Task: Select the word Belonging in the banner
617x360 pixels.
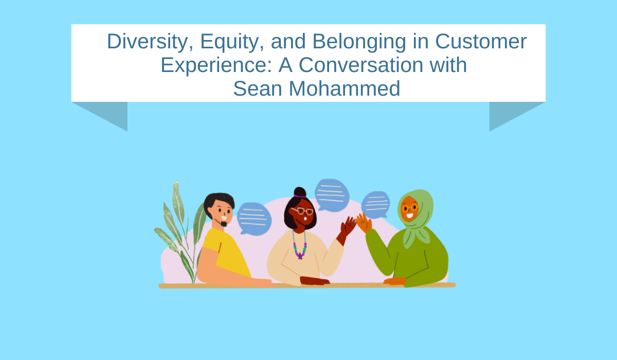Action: [359, 42]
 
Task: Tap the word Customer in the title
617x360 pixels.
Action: [481, 41]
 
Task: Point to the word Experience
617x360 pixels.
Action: [216, 65]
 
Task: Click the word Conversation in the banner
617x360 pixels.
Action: [361, 65]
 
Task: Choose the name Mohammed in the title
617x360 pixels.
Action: [344, 88]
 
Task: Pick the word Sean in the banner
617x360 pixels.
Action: [258, 89]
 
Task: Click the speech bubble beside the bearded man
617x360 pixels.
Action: [254, 219]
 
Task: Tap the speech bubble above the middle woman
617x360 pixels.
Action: [332, 195]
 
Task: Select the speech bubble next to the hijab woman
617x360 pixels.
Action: [376, 205]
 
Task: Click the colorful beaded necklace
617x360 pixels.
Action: [300, 246]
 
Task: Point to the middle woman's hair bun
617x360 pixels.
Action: [300, 192]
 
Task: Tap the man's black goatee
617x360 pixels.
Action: [224, 224]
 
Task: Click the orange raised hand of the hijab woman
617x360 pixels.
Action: [364, 223]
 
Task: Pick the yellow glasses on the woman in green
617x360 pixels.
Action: [410, 207]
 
